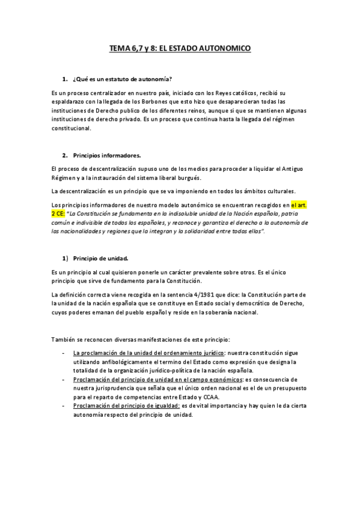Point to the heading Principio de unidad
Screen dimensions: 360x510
pyautogui.click(x=100, y=259)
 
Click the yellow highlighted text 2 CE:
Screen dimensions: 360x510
pyautogui.click(x=59, y=214)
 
